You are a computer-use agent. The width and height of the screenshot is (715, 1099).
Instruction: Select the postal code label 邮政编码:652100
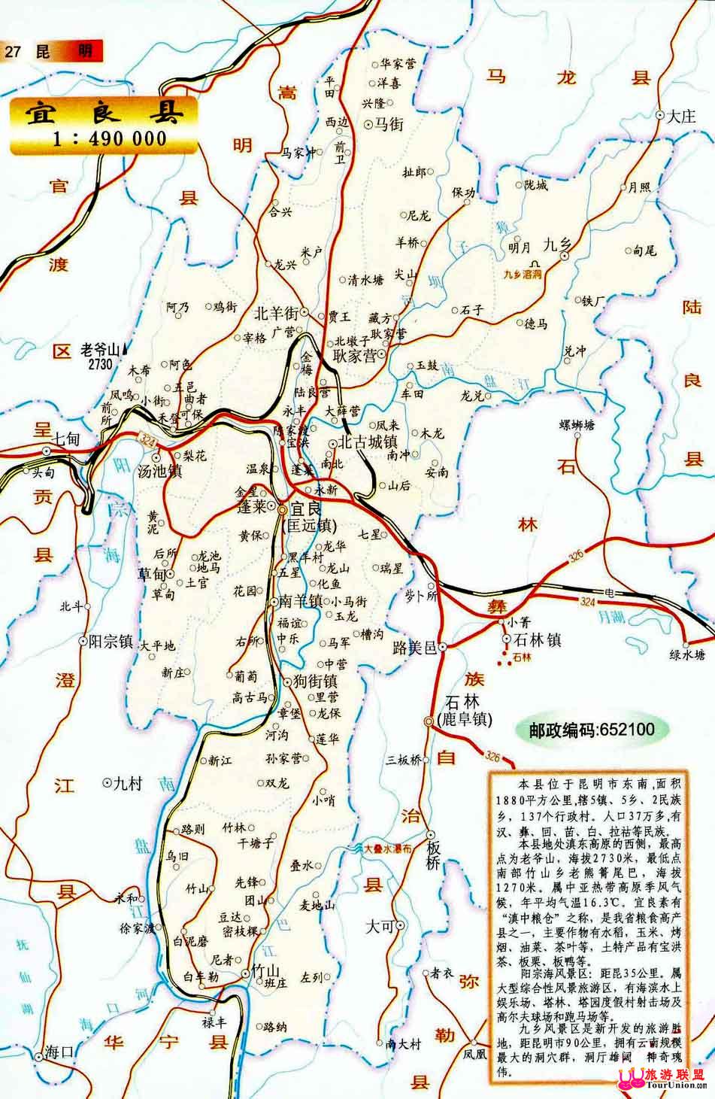tap(591, 729)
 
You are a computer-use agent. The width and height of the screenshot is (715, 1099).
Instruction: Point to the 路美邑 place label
tap(414, 646)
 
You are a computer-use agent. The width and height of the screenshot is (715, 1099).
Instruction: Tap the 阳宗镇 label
tap(111, 642)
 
